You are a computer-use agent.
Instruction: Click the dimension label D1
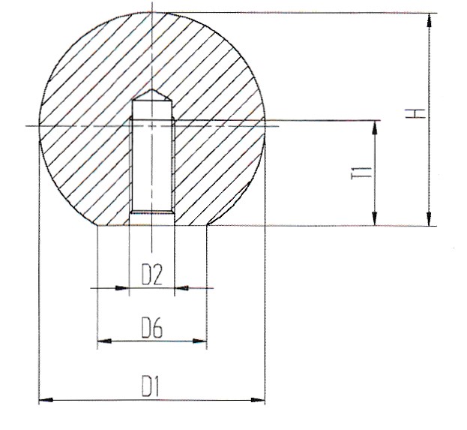tap(151, 386)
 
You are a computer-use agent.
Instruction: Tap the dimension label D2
tap(152, 275)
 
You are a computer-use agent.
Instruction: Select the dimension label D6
tap(152, 328)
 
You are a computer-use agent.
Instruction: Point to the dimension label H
tap(415, 113)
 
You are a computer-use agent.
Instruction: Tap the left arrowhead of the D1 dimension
tap(46, 400)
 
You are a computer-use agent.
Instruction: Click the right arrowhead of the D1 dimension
tap(258, 400)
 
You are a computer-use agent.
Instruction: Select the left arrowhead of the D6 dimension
tap(105, 341)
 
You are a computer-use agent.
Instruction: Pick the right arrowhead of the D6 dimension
tap(200, 341)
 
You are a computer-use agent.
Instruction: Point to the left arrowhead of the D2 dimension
tap(122, 288)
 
